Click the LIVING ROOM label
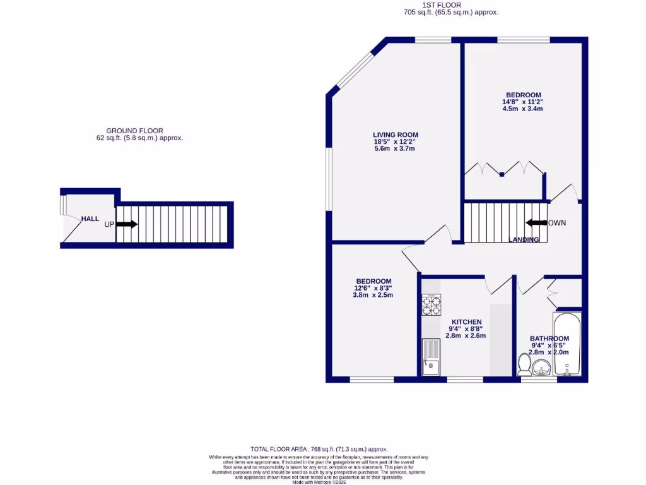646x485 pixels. tap(395, 135)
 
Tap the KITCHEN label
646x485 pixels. tap(466, 322)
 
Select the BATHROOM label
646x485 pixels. tap(549, 338)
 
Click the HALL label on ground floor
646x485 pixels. tap(90, 219)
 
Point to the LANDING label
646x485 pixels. tap(524, 240)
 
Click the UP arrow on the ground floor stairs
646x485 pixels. tap(126, 224)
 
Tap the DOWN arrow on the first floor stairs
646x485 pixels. tap(536, 222)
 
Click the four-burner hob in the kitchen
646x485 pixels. tap(432, 305)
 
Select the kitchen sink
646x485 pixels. tap(431, 357)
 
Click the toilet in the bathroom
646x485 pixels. tap(524, 365)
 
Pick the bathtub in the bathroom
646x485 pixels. tap(568, 344)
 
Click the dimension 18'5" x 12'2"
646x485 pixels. tap(395, 141)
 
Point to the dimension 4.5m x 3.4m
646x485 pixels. tap(522, 109)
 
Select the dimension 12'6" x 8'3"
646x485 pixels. tap(373, 288)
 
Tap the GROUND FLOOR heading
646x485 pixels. tap(134, 131)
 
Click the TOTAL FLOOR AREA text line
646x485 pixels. tap(318, 448)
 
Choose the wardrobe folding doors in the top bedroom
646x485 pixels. tap(505, 168)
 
